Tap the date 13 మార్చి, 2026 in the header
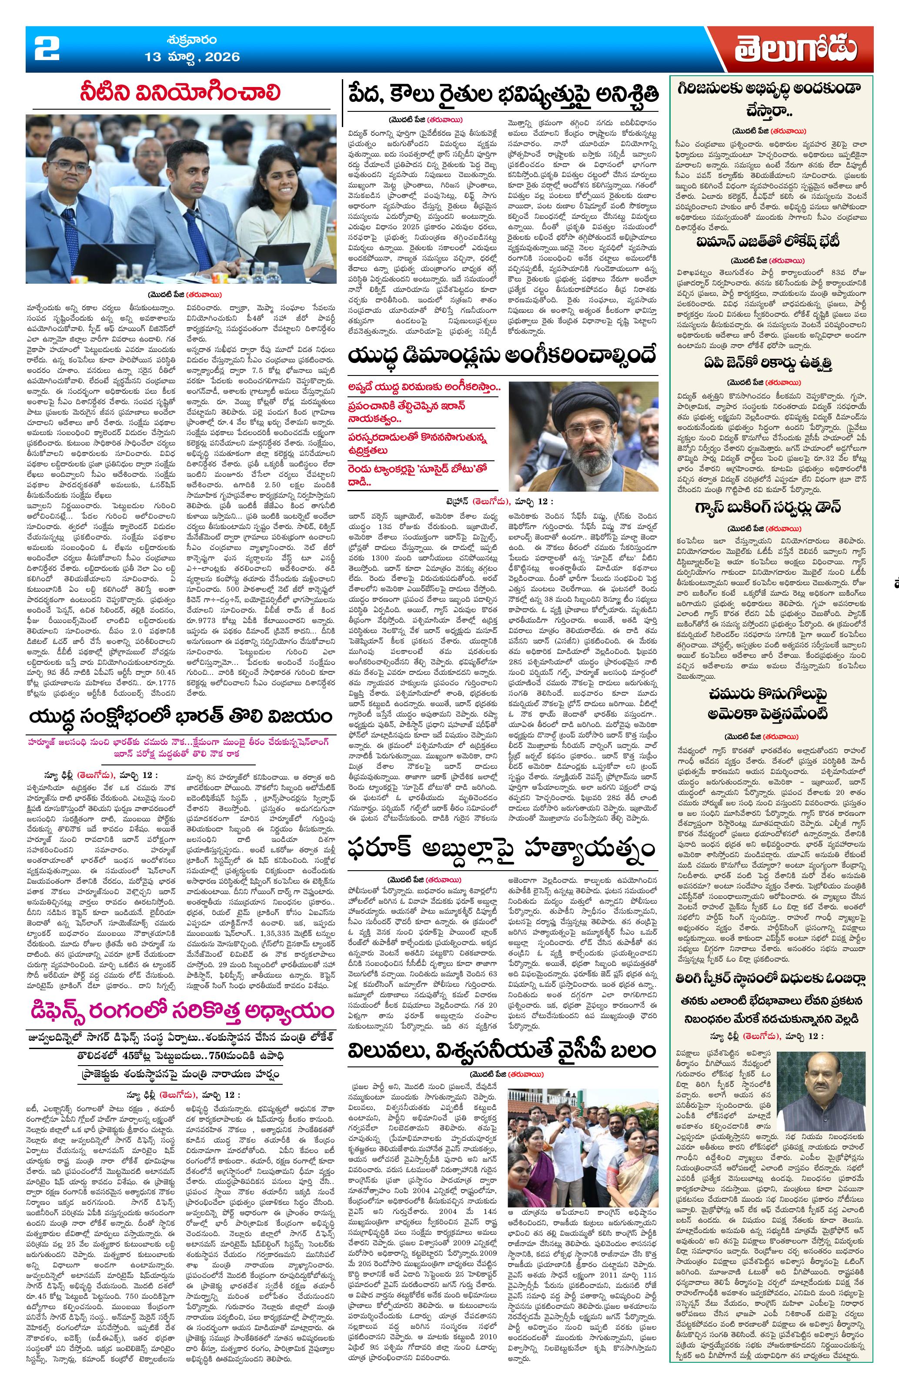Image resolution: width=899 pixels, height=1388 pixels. tap(192, 57)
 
